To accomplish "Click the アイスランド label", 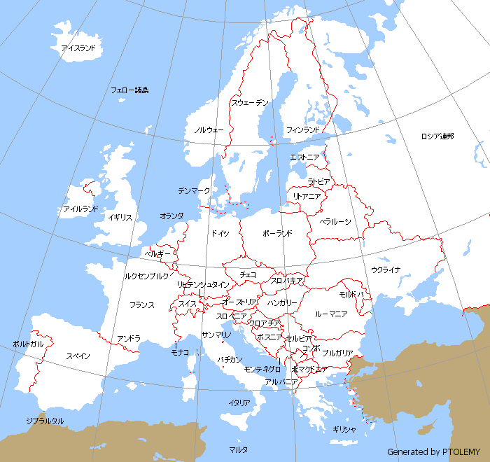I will (x=78, y=48).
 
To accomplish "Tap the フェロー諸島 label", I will (x=129, y=90).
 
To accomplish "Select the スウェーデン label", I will (x=250, y=103).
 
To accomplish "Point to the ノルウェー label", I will (x=209, y=130).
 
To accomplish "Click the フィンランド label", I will (x=303, y=130).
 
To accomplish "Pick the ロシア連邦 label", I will (x=437, y=136).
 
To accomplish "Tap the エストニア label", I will (x=304, y=157).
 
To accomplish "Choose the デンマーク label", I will (x=194, y=190).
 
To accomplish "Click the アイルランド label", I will (x=80, y=209).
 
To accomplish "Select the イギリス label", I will (x=120, y=218).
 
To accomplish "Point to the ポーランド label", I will (x=277, y=233).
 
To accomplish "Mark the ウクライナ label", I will (x=386, y=269).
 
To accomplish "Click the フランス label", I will (x=142, y=305).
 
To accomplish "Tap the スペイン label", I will (x=78, y=356).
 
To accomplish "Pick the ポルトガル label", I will (x=28, y=344).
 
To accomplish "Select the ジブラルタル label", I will (x=45, y=421).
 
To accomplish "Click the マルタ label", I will (x=238, y=449).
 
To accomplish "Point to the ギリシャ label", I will (x=344, y=429).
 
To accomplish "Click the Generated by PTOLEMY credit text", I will (x=433, y=452).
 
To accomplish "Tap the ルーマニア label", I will (x=331, y=314).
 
